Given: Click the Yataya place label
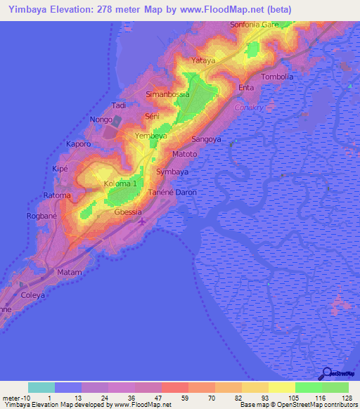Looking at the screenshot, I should tap(203, 60).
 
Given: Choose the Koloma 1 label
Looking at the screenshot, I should tap(120, 183).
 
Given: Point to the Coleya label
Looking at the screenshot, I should tap(32, 295).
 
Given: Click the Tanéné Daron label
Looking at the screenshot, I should tap(172, 192).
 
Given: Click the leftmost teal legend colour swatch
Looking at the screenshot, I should tap(41, 387).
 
